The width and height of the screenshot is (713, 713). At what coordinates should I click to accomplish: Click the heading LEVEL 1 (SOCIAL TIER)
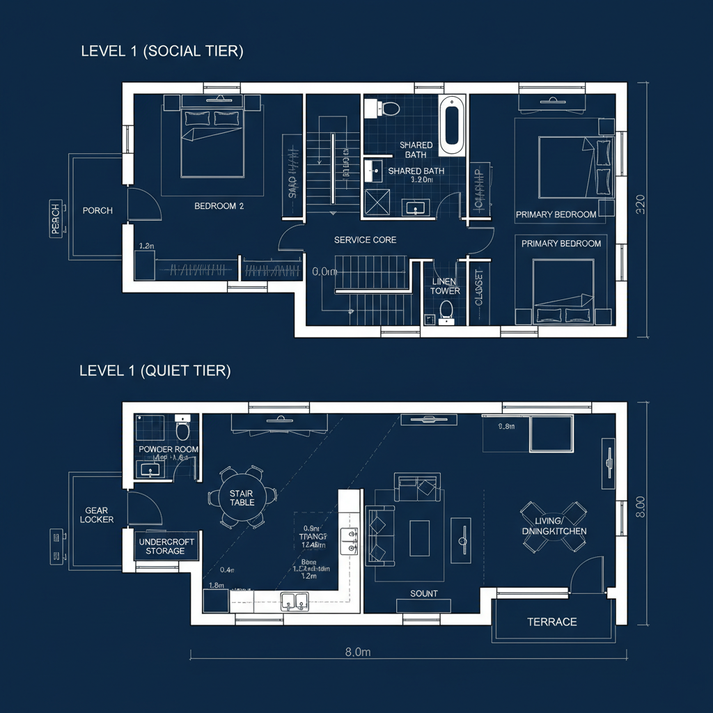click(162, 51)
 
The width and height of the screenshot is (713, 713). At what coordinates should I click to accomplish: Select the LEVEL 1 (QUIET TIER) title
click(155, 371)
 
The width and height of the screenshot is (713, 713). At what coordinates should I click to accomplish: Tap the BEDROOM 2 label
click(219, 206)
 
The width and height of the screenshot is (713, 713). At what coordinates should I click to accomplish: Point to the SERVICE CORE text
click(365, 240)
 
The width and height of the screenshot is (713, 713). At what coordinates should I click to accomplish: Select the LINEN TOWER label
click(444, 286)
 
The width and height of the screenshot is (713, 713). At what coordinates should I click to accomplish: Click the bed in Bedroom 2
click(212, 142)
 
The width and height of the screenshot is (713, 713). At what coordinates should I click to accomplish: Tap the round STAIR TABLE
click(242, 497)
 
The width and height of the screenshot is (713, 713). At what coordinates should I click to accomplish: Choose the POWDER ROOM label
click(169, 449)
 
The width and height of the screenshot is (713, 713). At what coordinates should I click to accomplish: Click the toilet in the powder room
click(183, 425)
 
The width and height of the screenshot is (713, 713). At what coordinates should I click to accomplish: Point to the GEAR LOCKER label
click(97, 515)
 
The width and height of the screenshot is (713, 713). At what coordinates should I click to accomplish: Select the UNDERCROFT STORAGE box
click(166, 546)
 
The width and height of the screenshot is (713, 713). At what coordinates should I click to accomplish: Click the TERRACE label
click(551, 621)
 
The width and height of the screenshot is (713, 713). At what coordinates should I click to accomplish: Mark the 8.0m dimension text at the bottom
click(357, 652)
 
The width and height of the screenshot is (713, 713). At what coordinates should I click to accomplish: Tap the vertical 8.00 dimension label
click(641, 506)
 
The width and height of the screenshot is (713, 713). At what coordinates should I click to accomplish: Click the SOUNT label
click(424, 593)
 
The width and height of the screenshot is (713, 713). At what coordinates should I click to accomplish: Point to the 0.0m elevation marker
click(324, 272)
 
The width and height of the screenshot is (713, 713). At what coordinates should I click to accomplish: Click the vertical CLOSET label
click(478, 288)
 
